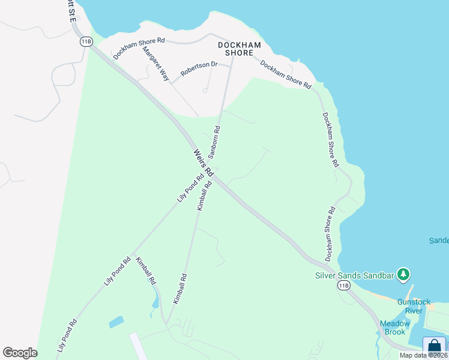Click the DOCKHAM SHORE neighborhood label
point(239,49)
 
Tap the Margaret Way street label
point(155,64)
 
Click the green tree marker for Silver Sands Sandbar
point(405,274)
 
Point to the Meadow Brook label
point(395,328)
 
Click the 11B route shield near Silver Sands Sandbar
point(343,286)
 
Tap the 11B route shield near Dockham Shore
point(86,41)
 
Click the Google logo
point(20,353)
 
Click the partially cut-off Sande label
point(439,241)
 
